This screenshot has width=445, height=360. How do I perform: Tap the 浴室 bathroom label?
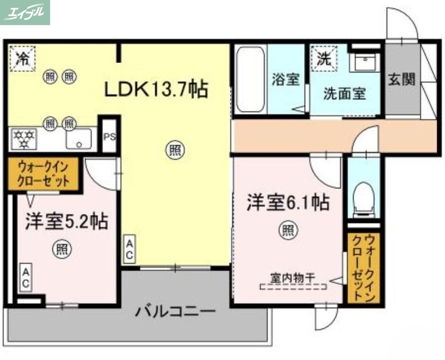pos(286,80)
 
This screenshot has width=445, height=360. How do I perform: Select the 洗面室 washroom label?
pos(345,93)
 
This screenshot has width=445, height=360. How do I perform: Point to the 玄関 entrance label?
pos(402,79)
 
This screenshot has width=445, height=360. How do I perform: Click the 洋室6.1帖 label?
pos(288,202)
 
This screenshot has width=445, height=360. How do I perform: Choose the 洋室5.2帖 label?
pos(66,222)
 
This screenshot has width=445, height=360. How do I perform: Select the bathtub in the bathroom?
pos(250,79)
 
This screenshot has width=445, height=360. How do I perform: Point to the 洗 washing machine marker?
pos(323,57)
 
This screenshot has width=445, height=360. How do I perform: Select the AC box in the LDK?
pos(129,249)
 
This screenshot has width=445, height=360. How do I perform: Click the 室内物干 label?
pos(293,276)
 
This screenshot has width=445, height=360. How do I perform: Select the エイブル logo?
pos(25,12)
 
